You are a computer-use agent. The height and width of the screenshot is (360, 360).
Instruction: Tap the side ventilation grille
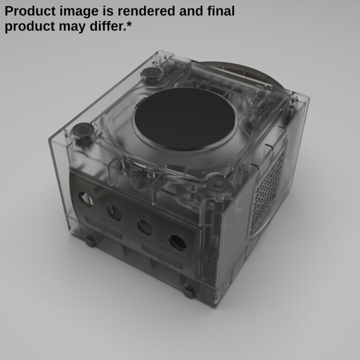point(268,194)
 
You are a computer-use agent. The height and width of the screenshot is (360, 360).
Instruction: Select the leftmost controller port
point(85,199)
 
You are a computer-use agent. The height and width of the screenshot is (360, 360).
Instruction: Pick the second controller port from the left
point(114,213)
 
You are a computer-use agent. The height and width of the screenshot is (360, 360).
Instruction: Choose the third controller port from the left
point(145,227)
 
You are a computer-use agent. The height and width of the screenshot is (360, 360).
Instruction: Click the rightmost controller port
point(178,242)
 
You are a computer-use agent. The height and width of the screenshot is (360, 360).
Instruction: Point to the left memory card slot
point(104,231)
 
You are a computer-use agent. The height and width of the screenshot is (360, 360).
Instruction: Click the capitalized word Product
point(32,11)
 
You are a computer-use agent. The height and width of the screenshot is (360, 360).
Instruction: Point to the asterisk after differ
point(129,24)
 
